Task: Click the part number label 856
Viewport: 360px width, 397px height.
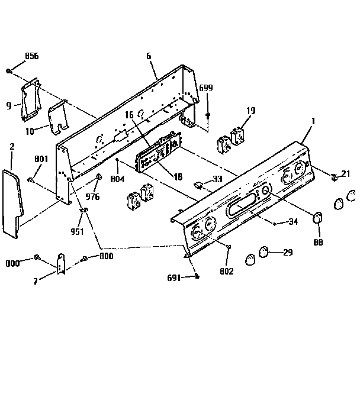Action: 31,56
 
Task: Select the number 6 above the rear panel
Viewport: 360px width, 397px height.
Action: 149,56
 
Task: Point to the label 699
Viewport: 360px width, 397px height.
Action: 205,88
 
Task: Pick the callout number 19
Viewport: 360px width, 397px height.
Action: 250,110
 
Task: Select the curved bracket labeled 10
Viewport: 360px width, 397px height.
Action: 59,116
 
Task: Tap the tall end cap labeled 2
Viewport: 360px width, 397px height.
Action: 13,201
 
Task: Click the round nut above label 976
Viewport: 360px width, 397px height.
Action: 99,177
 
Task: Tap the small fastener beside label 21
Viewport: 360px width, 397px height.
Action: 335,176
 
